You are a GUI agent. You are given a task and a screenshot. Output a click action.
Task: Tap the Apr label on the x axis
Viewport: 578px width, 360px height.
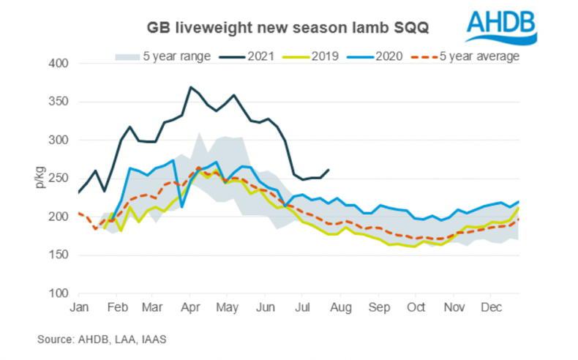191,307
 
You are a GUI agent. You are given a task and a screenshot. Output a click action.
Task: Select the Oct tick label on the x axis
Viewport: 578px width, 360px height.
416,307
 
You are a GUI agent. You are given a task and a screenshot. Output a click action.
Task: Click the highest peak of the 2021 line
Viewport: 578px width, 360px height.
191,87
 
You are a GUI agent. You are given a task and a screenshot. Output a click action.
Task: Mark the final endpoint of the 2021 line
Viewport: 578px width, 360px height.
329,170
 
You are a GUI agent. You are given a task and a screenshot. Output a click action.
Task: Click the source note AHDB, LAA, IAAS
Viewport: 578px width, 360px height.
108,339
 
